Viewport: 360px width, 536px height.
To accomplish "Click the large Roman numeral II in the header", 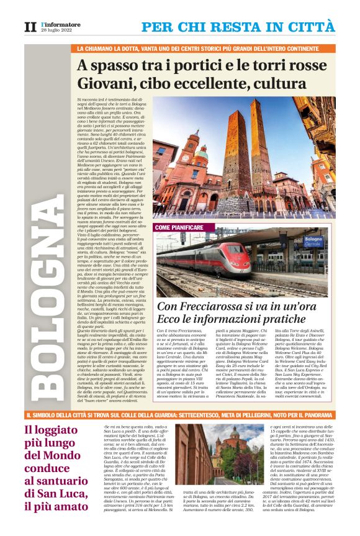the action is (30, 27).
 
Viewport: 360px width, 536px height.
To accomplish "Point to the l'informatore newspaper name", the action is (61, 24).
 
